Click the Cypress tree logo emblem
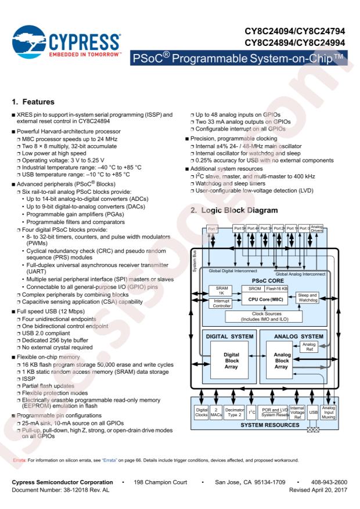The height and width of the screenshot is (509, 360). [x=29, y=42]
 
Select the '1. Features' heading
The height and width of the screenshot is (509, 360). [x=33, y=102]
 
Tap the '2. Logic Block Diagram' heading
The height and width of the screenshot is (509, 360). [x=234, y=210]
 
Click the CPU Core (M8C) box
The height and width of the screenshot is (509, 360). [x=265, y=299]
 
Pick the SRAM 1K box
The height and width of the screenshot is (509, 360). [x=221, y=291]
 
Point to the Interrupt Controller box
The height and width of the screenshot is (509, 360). [x=221, y=303]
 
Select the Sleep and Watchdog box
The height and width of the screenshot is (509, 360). [x=307, y=298]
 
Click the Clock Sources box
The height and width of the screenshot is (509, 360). [x=264, y=316]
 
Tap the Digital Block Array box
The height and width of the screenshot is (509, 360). [x=231, y=360]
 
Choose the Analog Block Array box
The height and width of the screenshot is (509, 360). [x=282, y=360]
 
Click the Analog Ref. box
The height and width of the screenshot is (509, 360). [x=309, y=346]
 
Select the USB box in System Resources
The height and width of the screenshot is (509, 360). [x=313, y=412]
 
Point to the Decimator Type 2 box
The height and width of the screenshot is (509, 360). [x=235, y=412]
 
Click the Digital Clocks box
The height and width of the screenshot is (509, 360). [x=201, y=412]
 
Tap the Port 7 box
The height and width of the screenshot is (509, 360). [x=213, y=229]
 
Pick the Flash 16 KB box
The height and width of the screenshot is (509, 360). [x=276, y=288]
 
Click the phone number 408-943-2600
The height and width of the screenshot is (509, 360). [x=329, y=482]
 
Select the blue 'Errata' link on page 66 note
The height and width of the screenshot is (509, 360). [x=109, y=460]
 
